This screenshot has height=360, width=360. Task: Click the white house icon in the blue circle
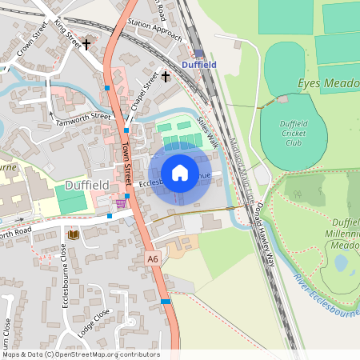click(180, 173)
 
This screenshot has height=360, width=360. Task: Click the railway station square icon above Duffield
click(199, 54)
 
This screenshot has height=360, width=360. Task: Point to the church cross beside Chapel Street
click(166, 77)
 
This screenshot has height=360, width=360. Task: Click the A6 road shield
click(153, 259)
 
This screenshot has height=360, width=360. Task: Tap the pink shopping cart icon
click(121, 204)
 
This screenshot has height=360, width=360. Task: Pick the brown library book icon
click(74, 234)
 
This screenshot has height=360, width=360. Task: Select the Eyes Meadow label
click(328, 83)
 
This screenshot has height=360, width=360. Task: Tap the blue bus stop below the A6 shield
click(166, 301)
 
